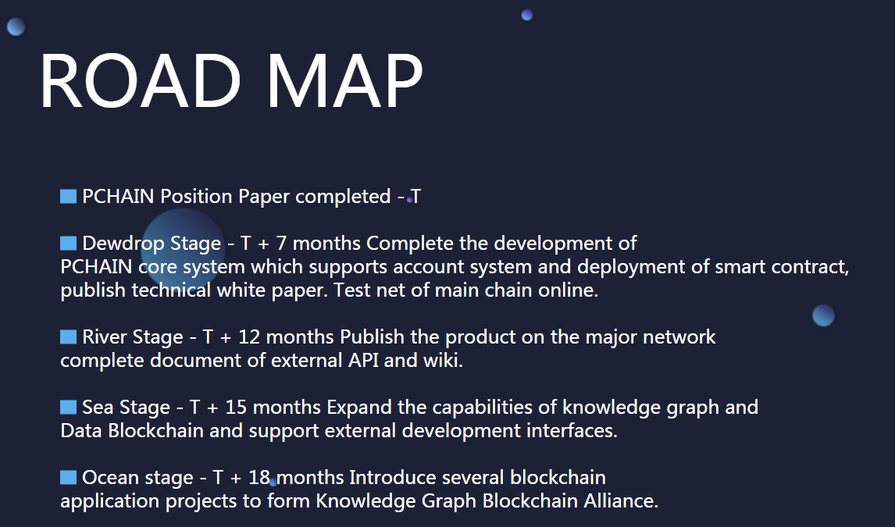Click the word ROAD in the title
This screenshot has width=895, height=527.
point(141,80)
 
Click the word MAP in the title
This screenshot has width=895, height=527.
point(344,80)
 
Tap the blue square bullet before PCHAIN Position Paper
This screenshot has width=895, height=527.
point(69,196)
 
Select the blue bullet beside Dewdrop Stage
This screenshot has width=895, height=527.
point(69,244)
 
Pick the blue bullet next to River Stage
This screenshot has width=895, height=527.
point(69,337)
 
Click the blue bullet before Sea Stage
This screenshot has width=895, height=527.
point(69,408)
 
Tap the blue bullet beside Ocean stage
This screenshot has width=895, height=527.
point(69,477)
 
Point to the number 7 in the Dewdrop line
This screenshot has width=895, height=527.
point(281,244)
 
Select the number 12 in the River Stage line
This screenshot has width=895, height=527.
point(249,337)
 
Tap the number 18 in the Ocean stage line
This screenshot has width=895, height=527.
point(259,477)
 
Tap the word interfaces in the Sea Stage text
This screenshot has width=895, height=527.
point(572,430)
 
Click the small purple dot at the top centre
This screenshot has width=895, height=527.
point(527,16)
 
